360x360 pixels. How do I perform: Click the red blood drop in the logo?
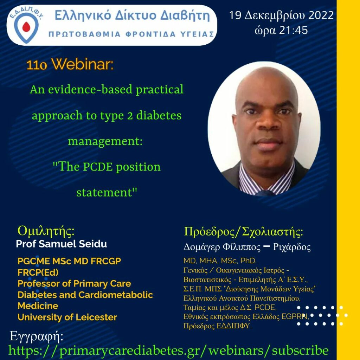pyautogui.click(x=26, y=27)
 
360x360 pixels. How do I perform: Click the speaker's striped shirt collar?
pyautogui.click(x=266, y=178)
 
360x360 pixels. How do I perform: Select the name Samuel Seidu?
pyautogui.click(x=73, y=244)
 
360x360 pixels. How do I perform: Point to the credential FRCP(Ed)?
pyautogui.click(x=38, y=272)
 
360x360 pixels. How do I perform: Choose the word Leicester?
pyautogui.click(x=96, y=317)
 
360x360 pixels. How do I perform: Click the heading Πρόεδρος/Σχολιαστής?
pyautogui.click(x=243, y=232)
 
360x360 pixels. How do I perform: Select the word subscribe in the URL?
pyautogui.click(x=300, y=351)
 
